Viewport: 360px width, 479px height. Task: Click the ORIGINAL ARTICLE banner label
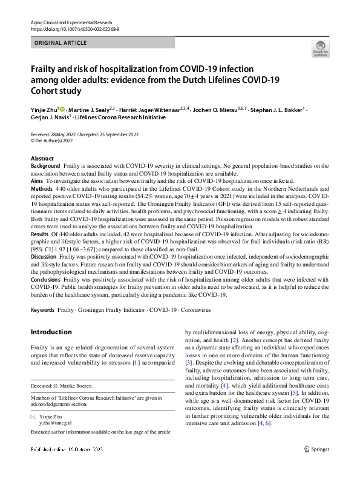[61, 43]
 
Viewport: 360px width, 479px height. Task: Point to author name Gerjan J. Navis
[50, 117]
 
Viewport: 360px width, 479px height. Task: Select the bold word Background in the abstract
[45, 165]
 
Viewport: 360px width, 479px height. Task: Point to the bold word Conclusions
[46, 280]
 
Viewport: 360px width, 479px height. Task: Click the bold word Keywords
[43, 310]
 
